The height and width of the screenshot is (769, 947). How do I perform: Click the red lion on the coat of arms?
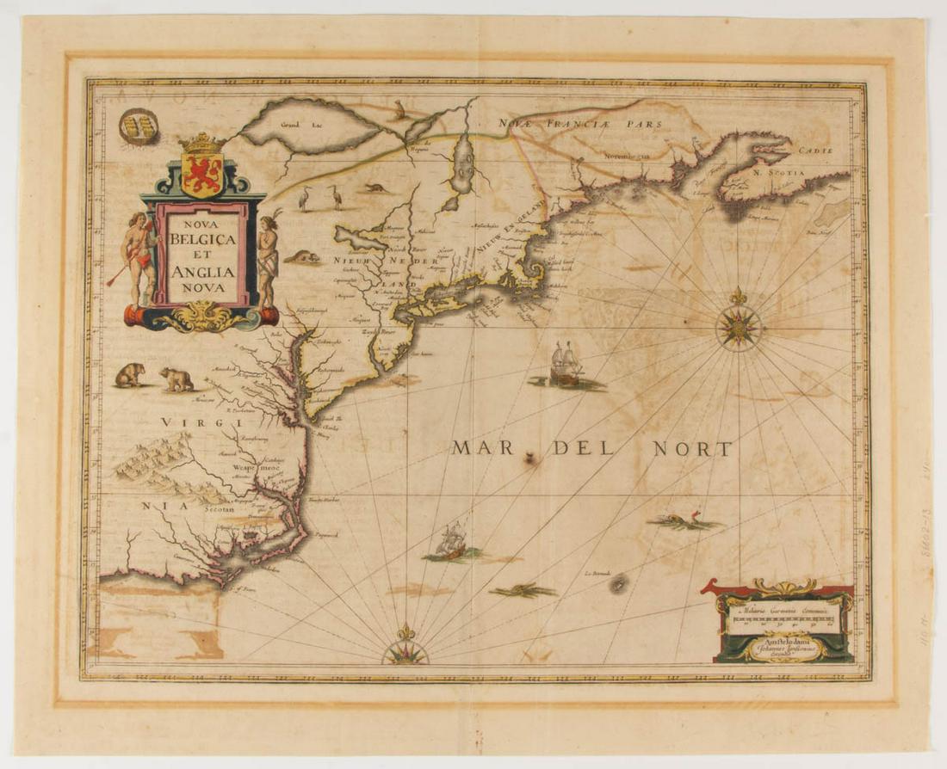(202, 169)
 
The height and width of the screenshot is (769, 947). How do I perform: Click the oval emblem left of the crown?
(138, 126)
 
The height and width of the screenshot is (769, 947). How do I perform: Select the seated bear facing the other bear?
(130, 374)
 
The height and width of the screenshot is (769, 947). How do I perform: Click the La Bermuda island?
(618, 584)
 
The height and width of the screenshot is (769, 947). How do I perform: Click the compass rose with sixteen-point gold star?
(738, 326)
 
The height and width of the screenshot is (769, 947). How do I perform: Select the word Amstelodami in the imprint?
(782, 641)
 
